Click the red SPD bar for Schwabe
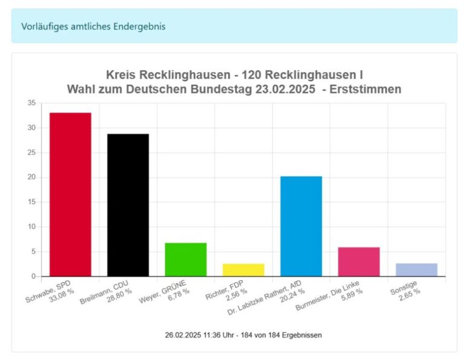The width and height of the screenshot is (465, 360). tap(70, 194)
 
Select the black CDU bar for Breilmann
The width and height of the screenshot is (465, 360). tap(128, 205)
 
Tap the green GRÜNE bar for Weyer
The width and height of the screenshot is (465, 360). tap(186, 260)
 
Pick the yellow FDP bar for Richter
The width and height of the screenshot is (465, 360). tap(243, 270)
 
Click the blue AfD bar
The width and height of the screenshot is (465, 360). tap(301, 226)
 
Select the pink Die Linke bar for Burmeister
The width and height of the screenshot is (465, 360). tap(358, 261)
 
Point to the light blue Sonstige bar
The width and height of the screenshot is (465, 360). tap(417, 270)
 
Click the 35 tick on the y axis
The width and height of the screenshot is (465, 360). tap(31, 103)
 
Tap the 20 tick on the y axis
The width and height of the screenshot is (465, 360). tap(31, 177)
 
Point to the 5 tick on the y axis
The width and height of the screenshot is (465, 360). tap(33, 252)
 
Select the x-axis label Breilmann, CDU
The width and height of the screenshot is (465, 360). tap(109, 290)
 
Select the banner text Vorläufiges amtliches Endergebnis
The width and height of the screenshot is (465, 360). tap(93, 26)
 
